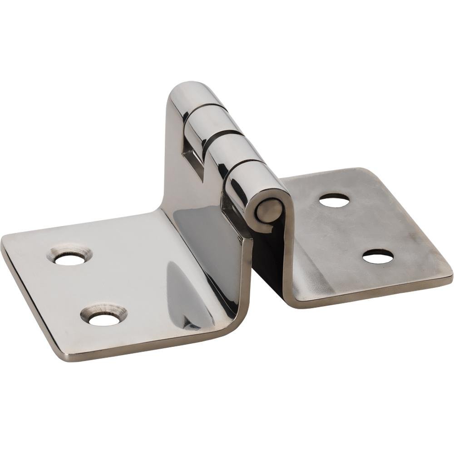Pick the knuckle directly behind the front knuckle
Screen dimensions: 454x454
tap(229, 148)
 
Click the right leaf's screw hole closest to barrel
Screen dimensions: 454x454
tap(334, 200)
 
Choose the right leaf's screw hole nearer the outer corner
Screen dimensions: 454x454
tap(378, 257)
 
